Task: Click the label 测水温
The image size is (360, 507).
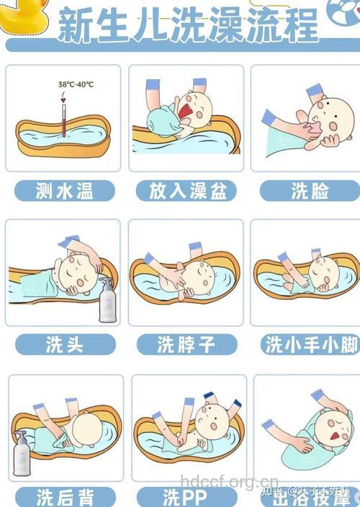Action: pos(65,191)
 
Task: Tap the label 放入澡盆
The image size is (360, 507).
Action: pos(187,191)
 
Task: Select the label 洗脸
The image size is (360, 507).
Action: pos(310,191)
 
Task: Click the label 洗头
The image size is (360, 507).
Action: pos(65,344)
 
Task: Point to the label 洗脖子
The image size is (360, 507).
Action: pos(187,344)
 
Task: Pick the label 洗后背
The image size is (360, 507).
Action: pos(65,497)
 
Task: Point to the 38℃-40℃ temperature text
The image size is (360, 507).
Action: pos(76,85)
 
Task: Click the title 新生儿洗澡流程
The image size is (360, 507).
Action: pos(187,26)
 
